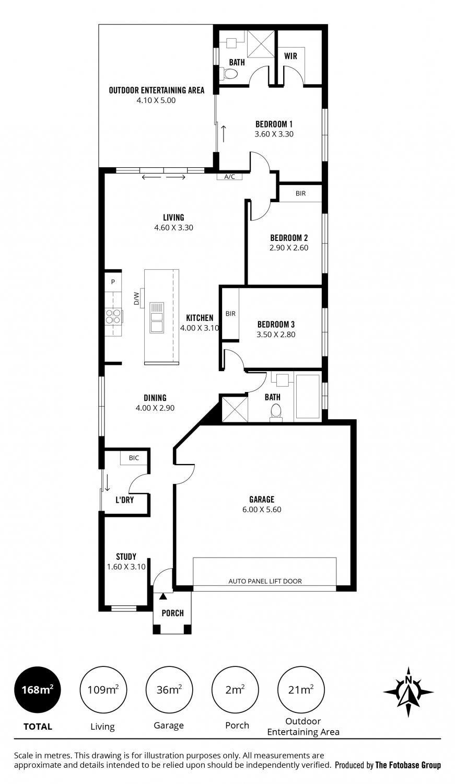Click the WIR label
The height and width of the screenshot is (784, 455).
coord(290,56)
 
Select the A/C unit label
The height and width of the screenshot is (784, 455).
coord(229,177)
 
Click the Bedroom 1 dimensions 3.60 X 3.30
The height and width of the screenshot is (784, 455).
coord(274,134)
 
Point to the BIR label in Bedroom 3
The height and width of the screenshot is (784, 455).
coord(230,314)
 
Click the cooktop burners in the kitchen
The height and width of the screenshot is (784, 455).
coord(113,316)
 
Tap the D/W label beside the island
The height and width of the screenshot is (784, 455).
coord(137,298)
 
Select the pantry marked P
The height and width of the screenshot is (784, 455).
coord(113,282)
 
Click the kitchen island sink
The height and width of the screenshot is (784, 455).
coord(157,317)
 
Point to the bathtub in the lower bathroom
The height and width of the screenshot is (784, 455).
coord(308,397)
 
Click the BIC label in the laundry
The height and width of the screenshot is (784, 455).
coord(134,458)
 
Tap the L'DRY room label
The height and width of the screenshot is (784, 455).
coord(125,500)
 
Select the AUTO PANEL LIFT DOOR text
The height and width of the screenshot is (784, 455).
coord(265,581)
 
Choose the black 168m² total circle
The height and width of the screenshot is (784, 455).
coord(38,690)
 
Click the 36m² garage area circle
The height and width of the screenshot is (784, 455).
coord(169,690)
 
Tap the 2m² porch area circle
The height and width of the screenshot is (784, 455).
coord(236,690)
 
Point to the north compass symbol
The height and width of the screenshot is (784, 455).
coord(408,692)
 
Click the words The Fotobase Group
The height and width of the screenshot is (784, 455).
coord(408,766)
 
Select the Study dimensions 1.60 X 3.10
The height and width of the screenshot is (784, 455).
coord(126,567)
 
